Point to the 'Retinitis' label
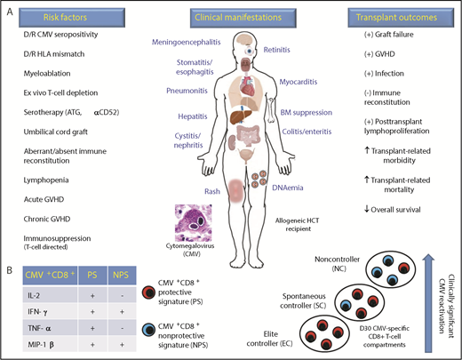pos(284,52)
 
